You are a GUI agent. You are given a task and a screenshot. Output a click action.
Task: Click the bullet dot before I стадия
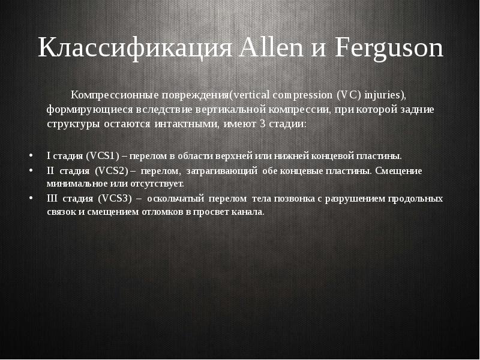tap(31, 155)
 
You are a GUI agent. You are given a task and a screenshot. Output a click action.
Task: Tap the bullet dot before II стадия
tap(31, 170)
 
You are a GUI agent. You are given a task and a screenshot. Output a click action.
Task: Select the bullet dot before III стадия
tap(31, 198)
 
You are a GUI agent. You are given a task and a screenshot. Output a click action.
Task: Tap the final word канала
tap(248, 212)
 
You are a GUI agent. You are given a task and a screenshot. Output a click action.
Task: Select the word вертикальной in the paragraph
tap(257, 110)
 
